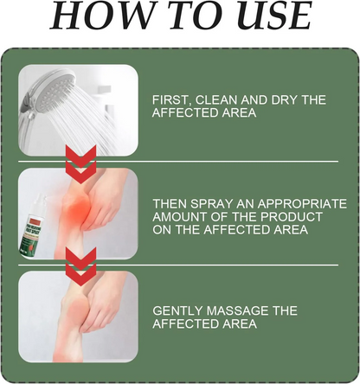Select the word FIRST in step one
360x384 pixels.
click(171, 100)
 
